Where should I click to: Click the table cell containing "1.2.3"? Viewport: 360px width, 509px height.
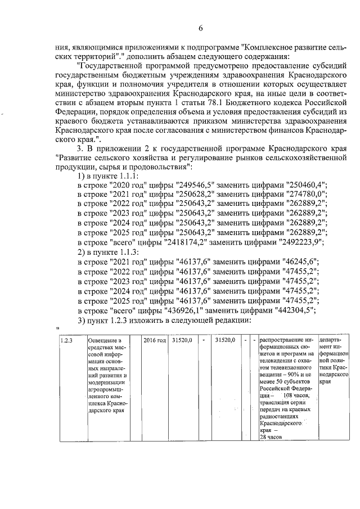click(66, 340)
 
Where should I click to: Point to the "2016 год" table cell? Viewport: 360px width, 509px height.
click(154, 340)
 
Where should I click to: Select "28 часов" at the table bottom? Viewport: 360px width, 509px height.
click(271, 437)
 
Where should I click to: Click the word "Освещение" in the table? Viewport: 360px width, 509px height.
click(101, 340)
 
